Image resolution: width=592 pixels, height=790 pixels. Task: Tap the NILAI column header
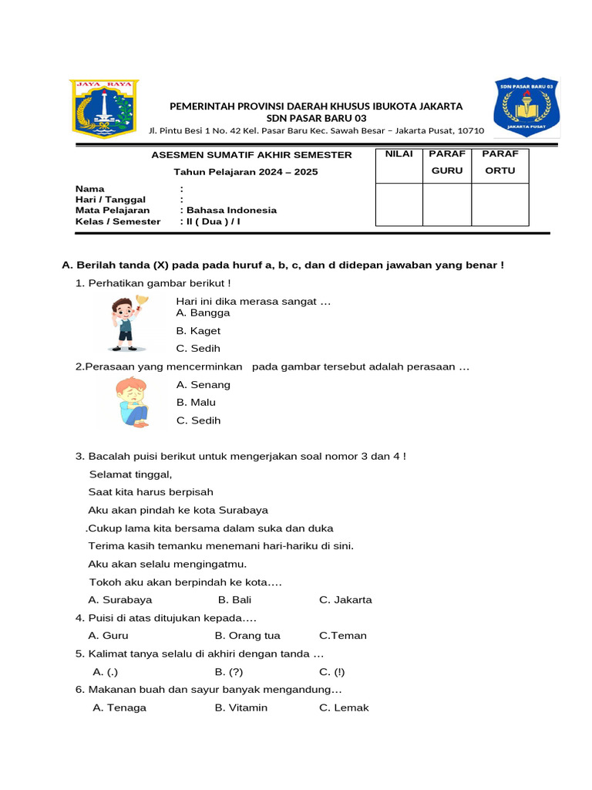pos(399,154)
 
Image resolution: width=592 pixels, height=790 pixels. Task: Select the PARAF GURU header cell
pos(447,162)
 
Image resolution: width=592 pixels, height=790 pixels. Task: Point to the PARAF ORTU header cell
pos(499,162)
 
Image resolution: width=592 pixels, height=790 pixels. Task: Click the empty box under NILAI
pos(399,204)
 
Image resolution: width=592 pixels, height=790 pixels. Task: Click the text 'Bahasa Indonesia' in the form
pos(230,210)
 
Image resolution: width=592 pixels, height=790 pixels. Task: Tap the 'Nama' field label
pos(89,189)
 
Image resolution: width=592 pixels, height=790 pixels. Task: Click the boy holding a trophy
pos(125,322)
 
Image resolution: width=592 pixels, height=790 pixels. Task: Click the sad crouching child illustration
pos(133,402)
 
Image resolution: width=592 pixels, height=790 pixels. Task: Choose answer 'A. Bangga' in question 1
pos(203,312)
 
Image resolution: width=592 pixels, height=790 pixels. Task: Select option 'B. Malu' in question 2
pos(196,402)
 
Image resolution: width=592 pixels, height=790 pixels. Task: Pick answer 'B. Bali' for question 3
pos(234,599)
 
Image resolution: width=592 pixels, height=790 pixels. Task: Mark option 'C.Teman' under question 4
pos(342,636)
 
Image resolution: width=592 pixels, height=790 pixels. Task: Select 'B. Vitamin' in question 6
pos(240,707)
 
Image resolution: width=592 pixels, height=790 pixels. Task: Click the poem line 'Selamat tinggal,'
pos(130,474)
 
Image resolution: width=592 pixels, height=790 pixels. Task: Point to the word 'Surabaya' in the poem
pos(244,510)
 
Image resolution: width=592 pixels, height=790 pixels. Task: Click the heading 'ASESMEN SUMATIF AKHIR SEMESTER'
pos(251,155)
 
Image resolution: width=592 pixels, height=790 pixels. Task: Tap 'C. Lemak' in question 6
pos(344,707)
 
